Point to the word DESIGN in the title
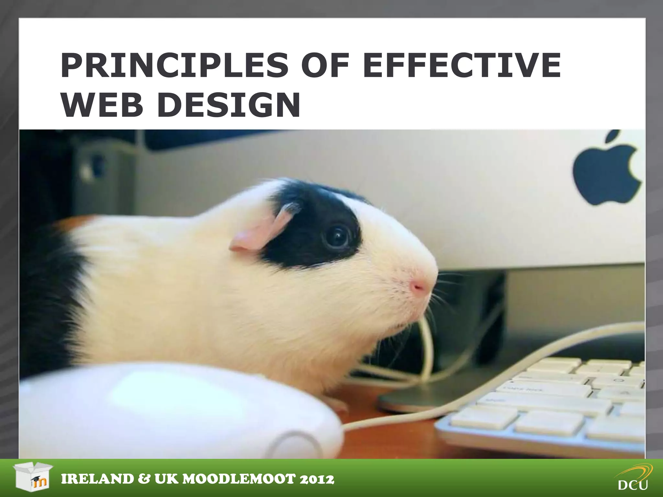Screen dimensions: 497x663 (x=229, y=105)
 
